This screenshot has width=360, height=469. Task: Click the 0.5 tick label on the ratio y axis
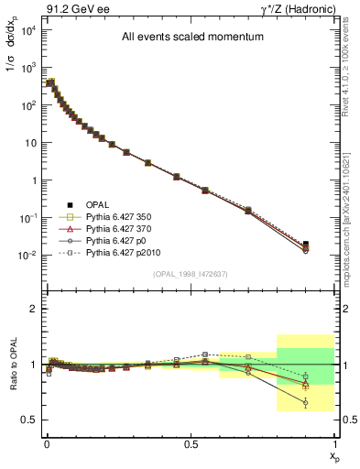(29, 420)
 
